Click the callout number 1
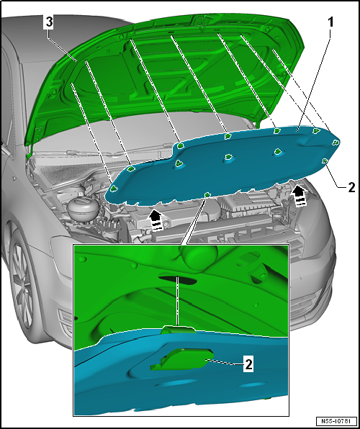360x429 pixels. tap(330, 23)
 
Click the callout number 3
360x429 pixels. tap(49, 22)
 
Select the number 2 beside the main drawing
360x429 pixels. tap(351, 188)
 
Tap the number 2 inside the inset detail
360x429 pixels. tap(248, 364)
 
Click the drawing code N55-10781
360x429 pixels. tap(336, 420)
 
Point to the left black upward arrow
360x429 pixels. tap(156, 220)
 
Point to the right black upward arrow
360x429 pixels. tap(300, 197)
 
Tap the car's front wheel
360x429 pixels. tap(22, 284)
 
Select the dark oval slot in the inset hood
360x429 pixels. tap(178, 280)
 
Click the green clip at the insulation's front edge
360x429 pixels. tap(207, 194)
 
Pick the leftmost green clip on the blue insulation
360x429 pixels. tap(114, 188)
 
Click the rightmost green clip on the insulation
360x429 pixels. tap(336, 142)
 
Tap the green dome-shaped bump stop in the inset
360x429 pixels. tap(199, 256)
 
